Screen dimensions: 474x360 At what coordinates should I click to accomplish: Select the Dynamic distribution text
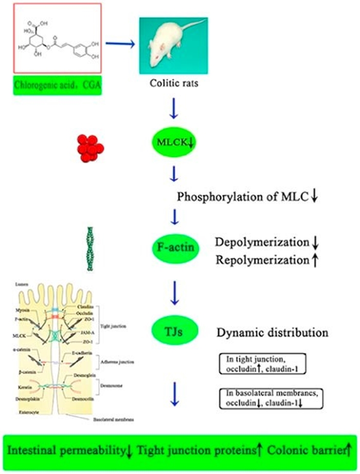point(272,333)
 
